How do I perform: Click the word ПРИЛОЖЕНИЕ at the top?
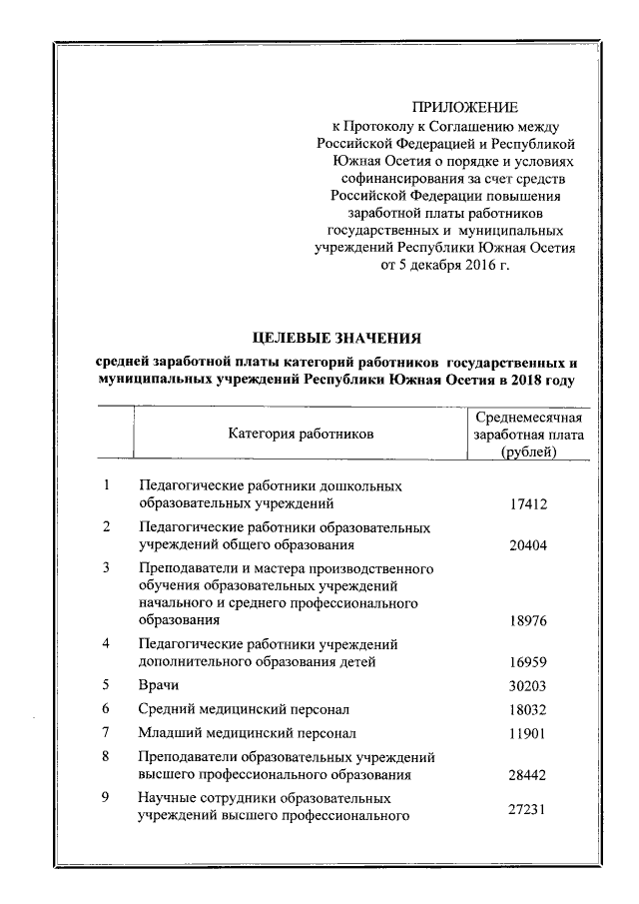tap(465, 107)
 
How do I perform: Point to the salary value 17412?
tap(528, 504)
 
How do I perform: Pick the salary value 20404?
tap(528, 545)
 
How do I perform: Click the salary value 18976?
tap(528, 620)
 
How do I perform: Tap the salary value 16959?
tap(528, 661)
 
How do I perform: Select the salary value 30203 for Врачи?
tap(528, 686)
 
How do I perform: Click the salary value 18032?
tap(528, 710)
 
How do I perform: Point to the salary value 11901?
tap(528, 734)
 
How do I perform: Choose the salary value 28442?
tap(528, 775)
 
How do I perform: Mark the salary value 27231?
tap(528, 809)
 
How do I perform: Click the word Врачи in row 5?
tap(159, 686)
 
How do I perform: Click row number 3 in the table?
tap(106, 567)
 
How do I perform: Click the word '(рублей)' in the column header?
tap(529, 452)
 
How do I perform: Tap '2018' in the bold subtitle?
tap(524, 381)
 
